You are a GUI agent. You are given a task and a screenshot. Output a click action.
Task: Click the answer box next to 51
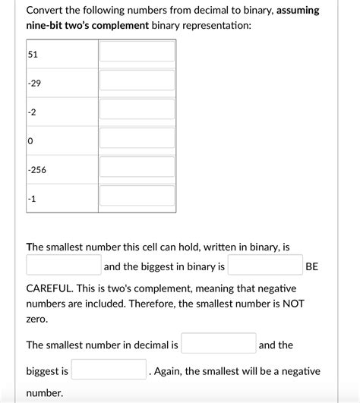coord(137,52)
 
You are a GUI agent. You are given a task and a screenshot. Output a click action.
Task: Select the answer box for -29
coord(137,80)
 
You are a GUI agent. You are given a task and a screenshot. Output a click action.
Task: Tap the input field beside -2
coord(137,109)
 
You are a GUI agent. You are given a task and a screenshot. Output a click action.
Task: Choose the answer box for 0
coord(137,138)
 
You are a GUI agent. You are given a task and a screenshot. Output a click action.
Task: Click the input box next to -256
coord(137,167)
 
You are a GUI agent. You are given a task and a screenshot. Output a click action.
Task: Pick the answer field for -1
coord(137,196)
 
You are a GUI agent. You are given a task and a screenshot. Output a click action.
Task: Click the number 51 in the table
coord(33,55)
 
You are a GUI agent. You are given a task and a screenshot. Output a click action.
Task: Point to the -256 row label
coord(36,170)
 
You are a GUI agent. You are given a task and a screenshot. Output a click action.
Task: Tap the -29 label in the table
coord(34,83)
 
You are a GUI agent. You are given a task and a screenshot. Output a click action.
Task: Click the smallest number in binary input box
coord(64,265)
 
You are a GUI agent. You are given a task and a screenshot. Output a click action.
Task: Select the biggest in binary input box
coord(265,265)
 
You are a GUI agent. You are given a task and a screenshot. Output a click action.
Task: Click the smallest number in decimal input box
coord(219,344)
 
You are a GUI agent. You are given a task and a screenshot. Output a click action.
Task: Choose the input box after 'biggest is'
coord(109,370)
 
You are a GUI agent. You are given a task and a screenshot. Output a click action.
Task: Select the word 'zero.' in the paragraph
coord(37,320)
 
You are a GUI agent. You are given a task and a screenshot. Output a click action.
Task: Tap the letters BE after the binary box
coord(311,266)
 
